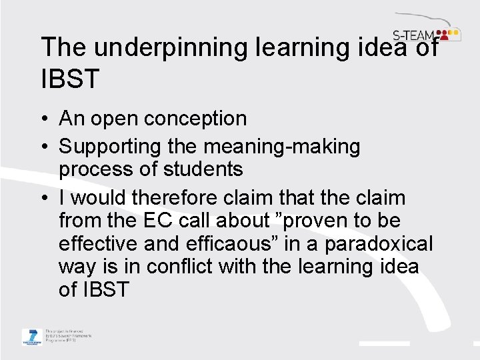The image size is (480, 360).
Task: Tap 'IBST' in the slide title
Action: tap(70, 79)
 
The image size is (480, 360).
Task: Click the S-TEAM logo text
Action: tap(412, 35)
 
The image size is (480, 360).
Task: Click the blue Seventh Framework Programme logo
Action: tap(31, 337)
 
